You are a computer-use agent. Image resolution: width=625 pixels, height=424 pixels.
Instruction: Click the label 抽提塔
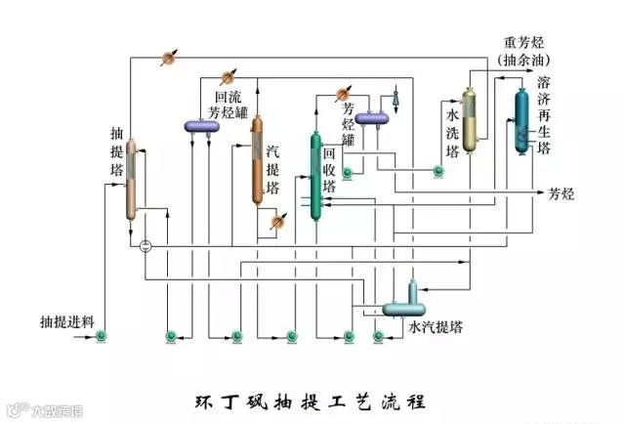point(116,146)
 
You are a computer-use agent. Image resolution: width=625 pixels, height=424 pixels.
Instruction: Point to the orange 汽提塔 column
point(257,161)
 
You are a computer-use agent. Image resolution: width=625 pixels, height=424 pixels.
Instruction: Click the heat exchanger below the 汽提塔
point(277,222)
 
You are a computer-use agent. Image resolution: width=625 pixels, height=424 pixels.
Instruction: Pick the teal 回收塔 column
point(315,176)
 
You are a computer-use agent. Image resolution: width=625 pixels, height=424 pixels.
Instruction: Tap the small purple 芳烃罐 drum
point(372,119)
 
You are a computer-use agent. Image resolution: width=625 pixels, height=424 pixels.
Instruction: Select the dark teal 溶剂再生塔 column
point(520,123)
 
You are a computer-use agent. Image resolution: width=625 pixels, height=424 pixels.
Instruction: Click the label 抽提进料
point(66,321)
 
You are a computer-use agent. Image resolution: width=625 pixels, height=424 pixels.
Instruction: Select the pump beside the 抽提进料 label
point(102,337)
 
